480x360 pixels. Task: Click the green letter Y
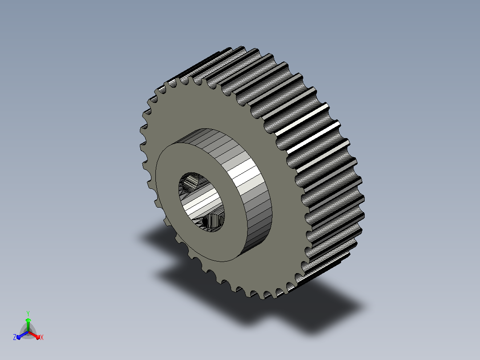click(x=28, y=313)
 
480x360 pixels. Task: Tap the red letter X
click(x=42, y=337)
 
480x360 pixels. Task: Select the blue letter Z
click(x=15, y=337)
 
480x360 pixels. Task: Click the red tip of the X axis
click(x=38, y=337)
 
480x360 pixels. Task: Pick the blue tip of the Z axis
click(x=19, y=337)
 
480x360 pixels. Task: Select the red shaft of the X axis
click(x=33, y=335)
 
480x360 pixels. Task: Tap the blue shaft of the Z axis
click(x=24, y=335)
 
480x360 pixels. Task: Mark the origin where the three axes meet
click(x=28, y=332)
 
